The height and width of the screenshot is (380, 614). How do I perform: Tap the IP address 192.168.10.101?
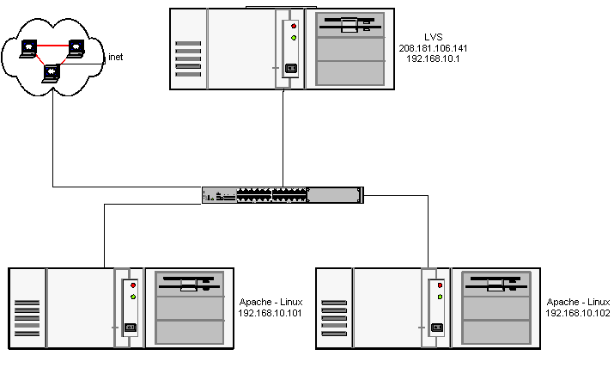pyautogui.click(x=270, y=314)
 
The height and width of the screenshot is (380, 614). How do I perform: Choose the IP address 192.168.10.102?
pyautogui.click(x=578, y=314)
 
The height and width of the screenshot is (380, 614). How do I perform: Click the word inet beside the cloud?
pyautogui.click(x=115, y=58)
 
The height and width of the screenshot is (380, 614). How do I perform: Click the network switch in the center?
pyautogui.click(x=283, y=195)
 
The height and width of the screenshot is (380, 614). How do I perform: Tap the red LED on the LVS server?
pyautogui.click(x=293, y=26)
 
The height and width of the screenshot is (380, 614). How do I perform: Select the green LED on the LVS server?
pyautogui.click(x=293, y=38)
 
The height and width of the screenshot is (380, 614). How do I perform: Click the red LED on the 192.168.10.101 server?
pyautogui.click(x=132, y=285)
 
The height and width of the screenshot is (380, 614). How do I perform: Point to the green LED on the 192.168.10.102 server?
pyautogui.click(x=440, y=297)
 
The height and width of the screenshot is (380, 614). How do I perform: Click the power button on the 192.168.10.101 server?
pyautogui.click(x=131, y=327)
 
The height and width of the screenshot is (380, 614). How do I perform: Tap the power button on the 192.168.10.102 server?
pyautogui.click(x=438, y=327)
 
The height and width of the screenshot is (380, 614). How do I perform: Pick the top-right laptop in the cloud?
pyautogui.click(x=76, y=46)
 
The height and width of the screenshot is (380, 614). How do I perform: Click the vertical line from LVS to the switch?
pyautogui.click(x=283, y=138)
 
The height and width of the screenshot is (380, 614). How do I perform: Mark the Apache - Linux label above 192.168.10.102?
pyautogui.click(x=578, y=303)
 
